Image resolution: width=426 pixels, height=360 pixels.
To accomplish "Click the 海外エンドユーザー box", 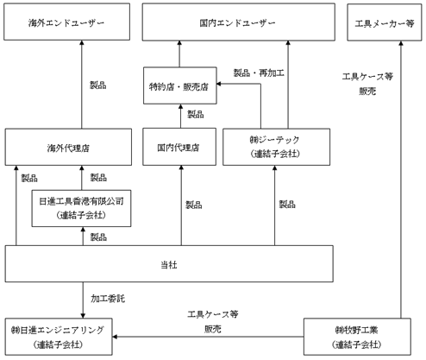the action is pyautogui.click(x=66, y=22).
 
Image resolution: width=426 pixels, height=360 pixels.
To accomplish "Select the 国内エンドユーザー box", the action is pyautogui.click(x=239, y=22).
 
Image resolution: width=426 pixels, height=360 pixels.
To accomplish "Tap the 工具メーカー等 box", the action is pyautogui.click(x=385, y=22).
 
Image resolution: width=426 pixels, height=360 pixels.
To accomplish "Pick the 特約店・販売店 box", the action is pyautogui.click(x=180, y=85).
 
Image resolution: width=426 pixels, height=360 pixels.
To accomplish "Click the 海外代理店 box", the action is pyautogui.click(x=68, y=147).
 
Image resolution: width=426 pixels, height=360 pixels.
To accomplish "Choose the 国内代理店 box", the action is pyautogui.click(x=179, y=147).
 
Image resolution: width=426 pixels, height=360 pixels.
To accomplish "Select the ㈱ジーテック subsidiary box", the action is pyautogui.click(x=276, y=147).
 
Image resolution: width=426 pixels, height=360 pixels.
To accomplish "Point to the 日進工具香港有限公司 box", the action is pyautogui.click(x=81, y=208).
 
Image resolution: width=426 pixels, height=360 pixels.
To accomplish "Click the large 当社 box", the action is pyautogui.click(x=169, y=263).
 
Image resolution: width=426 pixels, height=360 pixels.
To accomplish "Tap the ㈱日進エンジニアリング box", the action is pyautogui.click(x=59, y=337).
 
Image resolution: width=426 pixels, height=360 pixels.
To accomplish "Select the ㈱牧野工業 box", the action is pyautogui.click(x=357, y=337).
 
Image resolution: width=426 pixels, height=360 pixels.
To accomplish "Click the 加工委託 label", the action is pyautogui.click(x=108, y=299).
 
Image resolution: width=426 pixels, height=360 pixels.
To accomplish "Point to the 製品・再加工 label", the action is pyautogui.click(x=259, y=73).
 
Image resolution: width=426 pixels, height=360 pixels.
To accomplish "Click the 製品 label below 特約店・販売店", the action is pyautogui.click(x=196, y=114).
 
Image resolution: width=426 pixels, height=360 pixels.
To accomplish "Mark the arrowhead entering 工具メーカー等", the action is pyautogui.click(x=401, y=43).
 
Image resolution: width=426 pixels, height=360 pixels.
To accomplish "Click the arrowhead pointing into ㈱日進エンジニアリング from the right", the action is pyautogui.click(x=115, y=337).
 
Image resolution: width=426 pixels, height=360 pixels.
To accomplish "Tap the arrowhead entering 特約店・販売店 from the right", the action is pyautogui.click(x=219, y=84).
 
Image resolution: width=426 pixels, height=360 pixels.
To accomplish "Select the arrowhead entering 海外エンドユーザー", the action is pyautogui.click(x=82, y=42).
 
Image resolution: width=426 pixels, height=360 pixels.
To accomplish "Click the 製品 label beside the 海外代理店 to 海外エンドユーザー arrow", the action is pyautogui.click(x=98, y=85).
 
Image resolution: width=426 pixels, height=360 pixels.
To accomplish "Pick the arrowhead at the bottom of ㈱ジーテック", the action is pyautogui.click(x=274, y=167).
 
